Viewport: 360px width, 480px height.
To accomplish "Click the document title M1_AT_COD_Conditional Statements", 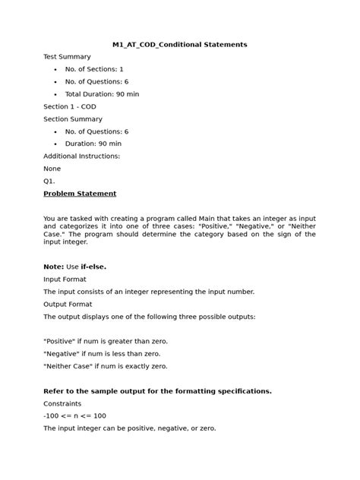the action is pyautogui.click(x=179, y=45).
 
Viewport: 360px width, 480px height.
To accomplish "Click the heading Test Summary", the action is pyautogui.click(x=67, y=57).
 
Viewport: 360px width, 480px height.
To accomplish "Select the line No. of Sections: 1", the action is pyautogui.click(x=94, y=69).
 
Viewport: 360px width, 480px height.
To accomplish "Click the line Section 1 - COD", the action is pyautogui.click(x=70, y=106).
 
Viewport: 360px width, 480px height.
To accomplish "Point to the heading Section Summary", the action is pyautogui.click(x=73, y=119).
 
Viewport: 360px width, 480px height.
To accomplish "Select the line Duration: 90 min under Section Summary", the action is pyautogui.click(x=93, y=144).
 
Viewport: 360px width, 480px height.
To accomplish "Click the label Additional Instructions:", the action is pyautogui.click(x=81, y=156).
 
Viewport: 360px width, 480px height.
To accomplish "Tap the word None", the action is pyautogui.click(x=52, y=169).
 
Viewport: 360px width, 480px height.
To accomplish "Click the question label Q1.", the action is pyautogui.click(x=49, y=181).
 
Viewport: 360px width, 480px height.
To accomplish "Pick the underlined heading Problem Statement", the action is pyautogui.click(x=80, y=194).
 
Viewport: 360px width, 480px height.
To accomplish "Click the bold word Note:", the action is pyautogui.click(x=54, y=267).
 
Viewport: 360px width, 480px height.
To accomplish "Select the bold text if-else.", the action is pyautogui.click(x=95, y=267).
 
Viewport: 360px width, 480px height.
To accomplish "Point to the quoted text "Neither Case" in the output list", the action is pyautogui.click(x=72, y=366).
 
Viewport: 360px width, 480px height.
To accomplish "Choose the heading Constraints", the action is pyautogui.click(x=64, y=403).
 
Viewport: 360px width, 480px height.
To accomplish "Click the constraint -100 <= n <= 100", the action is pyautogui.click(x=74, y=416).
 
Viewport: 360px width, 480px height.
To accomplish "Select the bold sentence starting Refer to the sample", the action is pyautogui.click(x=157, y=391).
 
